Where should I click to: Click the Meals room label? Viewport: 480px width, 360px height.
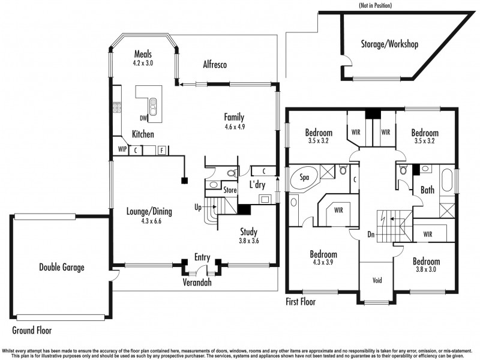pos(143,53)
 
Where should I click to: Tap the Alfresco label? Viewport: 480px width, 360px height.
pos(214,65)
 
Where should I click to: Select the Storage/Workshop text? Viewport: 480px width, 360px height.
pos(389,44)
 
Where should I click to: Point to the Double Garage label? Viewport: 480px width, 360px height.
pos(62,268)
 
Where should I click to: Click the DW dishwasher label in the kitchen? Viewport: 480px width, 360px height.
pos(144,118)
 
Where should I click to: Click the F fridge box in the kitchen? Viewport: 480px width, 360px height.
pos(161,150)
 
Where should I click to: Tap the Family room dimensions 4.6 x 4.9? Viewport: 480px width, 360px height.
pos(235,127)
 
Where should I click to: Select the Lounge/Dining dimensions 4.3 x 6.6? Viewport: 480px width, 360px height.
pos(151,221)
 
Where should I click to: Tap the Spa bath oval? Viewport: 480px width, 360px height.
pos(304,179)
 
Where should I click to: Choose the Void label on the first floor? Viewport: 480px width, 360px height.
pos(377,280)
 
